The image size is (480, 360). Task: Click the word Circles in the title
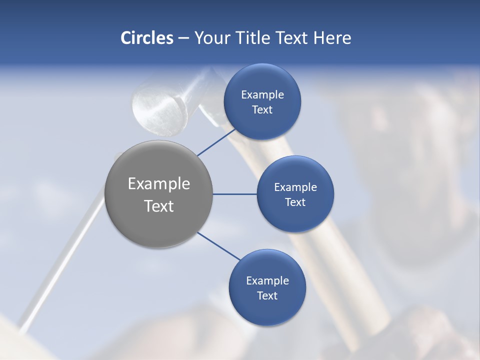[x=147, y=38]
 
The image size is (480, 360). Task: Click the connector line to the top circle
[x=216, y=142]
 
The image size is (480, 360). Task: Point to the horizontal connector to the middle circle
[x=234, y=194]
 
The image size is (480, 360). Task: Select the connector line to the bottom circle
[x=219, y=246]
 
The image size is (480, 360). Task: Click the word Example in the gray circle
[x=158, y=183]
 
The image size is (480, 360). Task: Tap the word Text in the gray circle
[x=158, y=205]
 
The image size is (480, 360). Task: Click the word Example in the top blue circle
[x=262, y=94]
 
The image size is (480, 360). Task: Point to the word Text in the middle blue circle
[x=295, y=202]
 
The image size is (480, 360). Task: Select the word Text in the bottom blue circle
[x=267, y=295]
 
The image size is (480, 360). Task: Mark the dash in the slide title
[x=183, y=38]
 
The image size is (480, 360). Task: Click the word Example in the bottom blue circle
[x=267, y=280]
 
